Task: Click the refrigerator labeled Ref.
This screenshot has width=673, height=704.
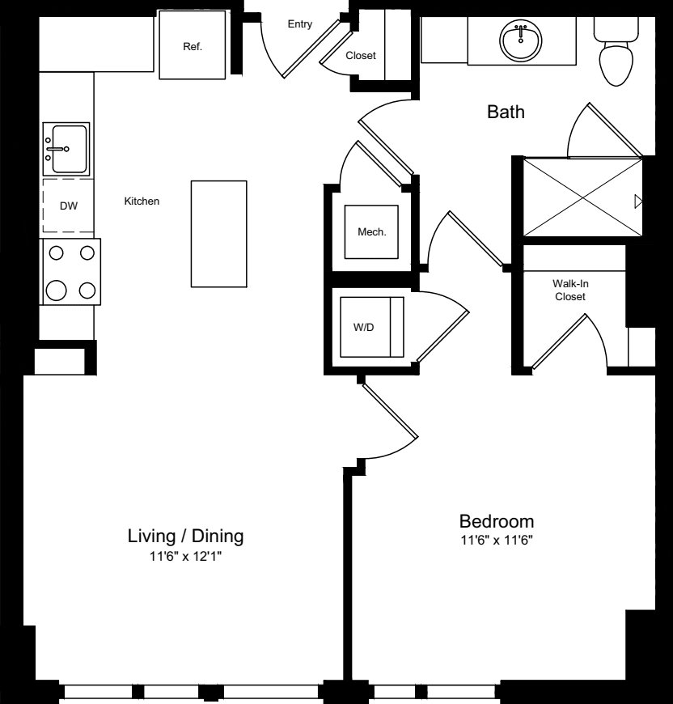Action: (192, 46)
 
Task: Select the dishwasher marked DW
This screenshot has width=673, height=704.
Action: (69, 206)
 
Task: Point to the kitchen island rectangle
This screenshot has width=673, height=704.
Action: (218, 233)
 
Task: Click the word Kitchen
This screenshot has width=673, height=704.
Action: (142, 201)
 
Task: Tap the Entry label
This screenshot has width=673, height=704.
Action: (300, 25)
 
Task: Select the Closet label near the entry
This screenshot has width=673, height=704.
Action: (361, 56)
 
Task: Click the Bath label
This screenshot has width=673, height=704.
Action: (506, 112)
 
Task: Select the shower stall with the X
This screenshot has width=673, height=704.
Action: (581, 197)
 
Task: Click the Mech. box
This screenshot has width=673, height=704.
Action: (372, 232)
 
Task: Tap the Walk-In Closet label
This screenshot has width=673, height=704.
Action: (569, 291)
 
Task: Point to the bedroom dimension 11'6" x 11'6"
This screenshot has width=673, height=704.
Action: (497, 540)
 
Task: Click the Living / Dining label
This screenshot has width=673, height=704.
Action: (186, 536)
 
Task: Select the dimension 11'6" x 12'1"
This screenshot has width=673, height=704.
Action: (186, 557)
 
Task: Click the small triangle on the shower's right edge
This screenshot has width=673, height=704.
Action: (638, 201)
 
